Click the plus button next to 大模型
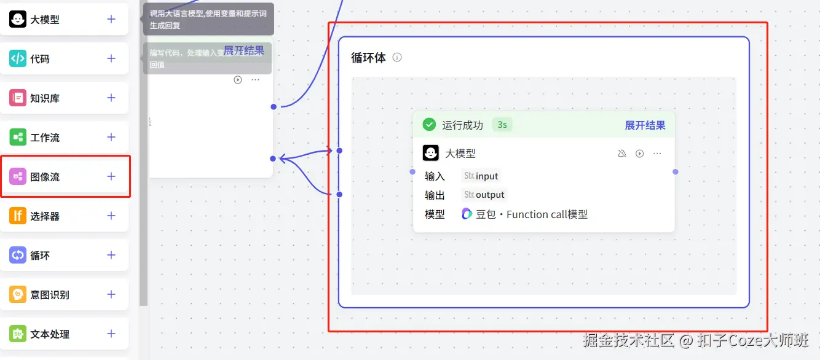pyautogui.click(x=111, y=19)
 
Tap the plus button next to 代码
pyautogui.click(x=111, y=58)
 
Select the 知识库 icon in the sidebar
pyautogui.click(x=18, y=98)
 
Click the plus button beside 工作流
pyautogui.click(x=111, y=137)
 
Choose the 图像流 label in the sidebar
pyautogui.click(x=45, y=177)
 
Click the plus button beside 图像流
pyautogui.click(x=111, y=176)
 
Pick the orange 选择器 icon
pyautogui.click(x=18, y=216)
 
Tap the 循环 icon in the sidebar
pyautogui.click(x=18, y=255)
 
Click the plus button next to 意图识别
pyautogui.click(x=111, y=294)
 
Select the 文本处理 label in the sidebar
pyautogui.click(x=50, y=334)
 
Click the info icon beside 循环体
pyautogui.click(x=397, y=58)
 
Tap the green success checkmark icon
pyautogui.click(x=429, y=125)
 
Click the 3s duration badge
pyautogui.click(x=502, y=125)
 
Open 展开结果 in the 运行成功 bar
pyautogui.click(x=645, y=125)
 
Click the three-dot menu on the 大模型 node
pyautogui.click(x=657, y=154)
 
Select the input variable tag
pyautogui.click(x=481, y=176)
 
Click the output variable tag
pyautogui.click(x=484, y=195)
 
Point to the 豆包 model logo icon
pyautogui.click(x=467, y=214)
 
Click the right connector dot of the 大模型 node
pyautogui.click(x=676, y=172)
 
